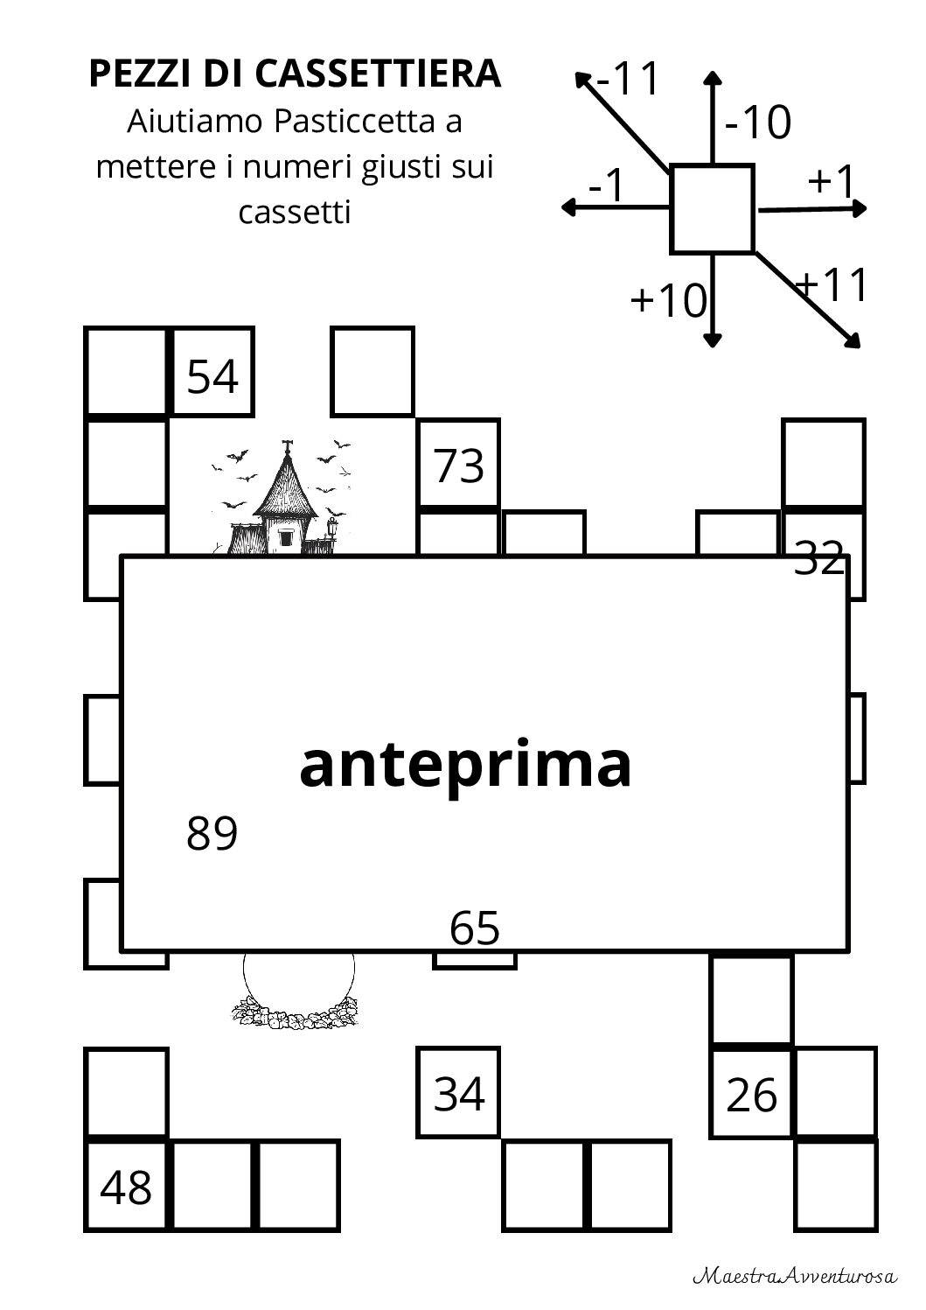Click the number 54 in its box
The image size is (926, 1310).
click(212, 376)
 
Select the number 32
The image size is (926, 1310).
click(819, 557)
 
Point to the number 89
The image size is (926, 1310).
click(212, 833)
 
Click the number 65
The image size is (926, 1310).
click(475, 928)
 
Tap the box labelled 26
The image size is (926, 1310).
click(752, 1095)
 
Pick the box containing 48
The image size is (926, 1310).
click(127, 1187)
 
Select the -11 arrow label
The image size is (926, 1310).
click(627, 80)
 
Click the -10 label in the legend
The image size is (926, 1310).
click(757, 123)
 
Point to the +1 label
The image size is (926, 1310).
click(830, 180)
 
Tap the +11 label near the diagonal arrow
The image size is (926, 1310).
click(833, 285)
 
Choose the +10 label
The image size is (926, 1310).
click(668, 301)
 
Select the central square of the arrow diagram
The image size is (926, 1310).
click(712, 208)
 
